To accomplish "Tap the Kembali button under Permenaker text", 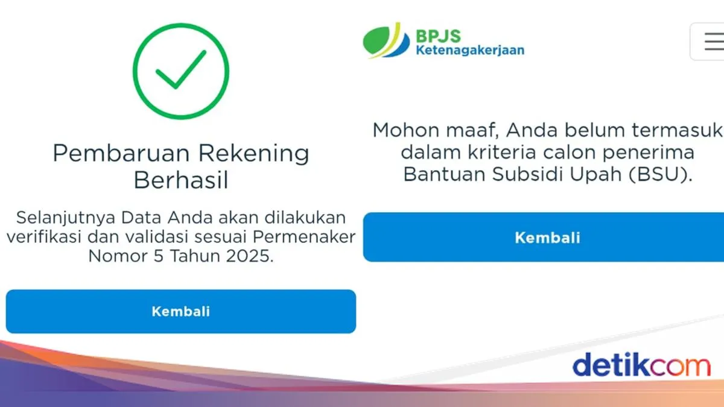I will tap(181, 312).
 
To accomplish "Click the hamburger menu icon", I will tap(712, 41).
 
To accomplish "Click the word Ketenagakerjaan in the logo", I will tap(470, 50).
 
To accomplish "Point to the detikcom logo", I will tap(641, 366).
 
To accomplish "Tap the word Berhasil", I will tap(181, 180).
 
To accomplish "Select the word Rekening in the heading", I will tap(255, 153).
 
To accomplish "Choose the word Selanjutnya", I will tap(65, 217).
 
